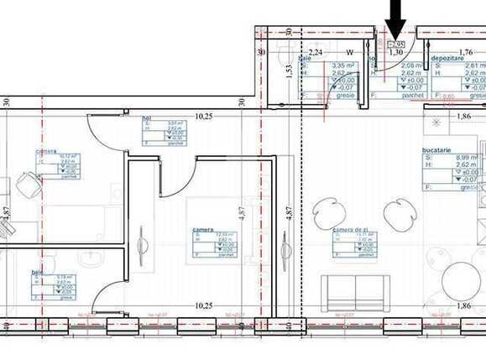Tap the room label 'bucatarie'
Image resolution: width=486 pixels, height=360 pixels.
pyautogui.click(x=437, y=148)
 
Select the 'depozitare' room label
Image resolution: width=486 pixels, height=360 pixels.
pyautogui.click(x=447, y=58)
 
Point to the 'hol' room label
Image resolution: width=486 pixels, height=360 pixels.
pyautogui.click(x=147, y=118)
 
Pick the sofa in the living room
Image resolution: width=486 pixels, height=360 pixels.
pyautogui.click(x=357, y=291)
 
